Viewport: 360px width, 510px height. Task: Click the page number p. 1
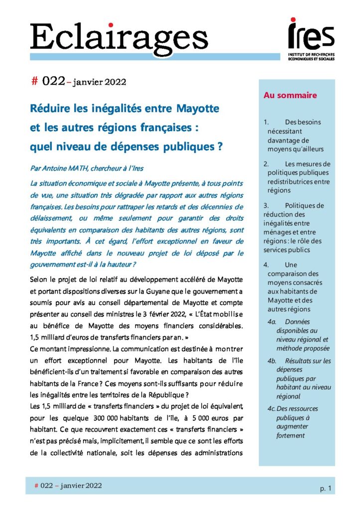click(x=326, y=489)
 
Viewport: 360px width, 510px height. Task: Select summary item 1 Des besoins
click(x=296, y=135)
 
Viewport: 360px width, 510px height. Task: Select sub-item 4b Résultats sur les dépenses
click(x=302, y=379)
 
